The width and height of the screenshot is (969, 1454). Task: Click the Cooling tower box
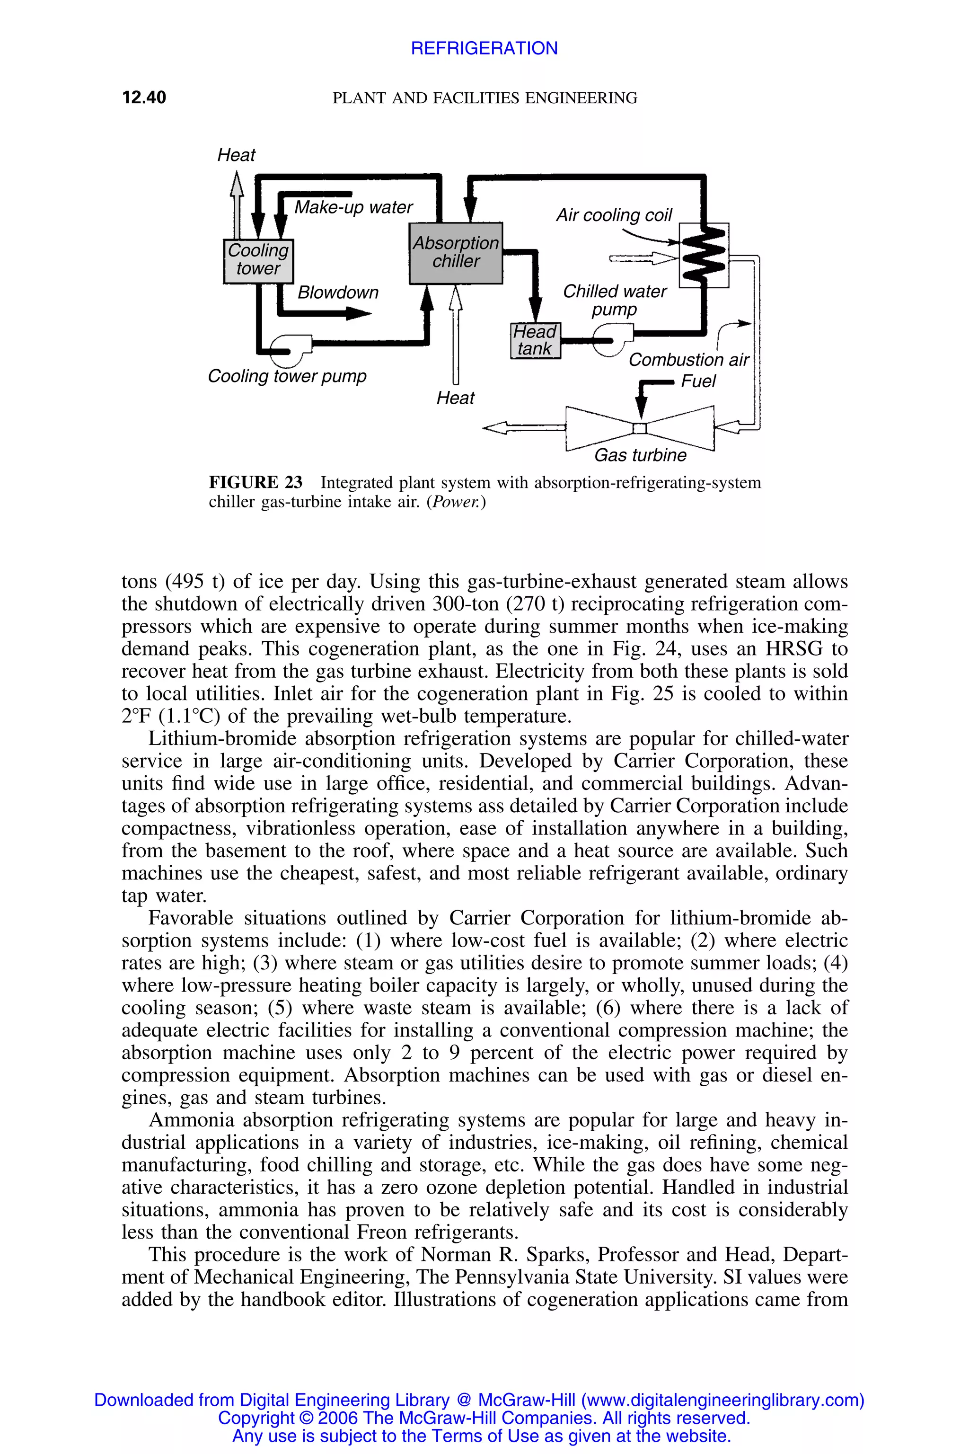[x=258, y=260]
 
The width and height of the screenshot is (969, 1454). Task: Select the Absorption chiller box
[x=456, y=252]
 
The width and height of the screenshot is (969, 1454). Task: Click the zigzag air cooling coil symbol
[x=704, y=254]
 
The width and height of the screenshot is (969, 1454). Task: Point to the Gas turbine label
[x=640, y=456]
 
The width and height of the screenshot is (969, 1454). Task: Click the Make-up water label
[x=353, y=207]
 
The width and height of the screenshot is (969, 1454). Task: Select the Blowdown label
[x=337, y=293]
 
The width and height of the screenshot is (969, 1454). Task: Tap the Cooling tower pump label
[x=287, y=376]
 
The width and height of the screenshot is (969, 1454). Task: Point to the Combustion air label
[x=688, y=360]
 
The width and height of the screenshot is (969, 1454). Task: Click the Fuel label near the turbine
[x=698, y=381]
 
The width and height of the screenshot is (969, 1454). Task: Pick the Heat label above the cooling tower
[x=236, y=155]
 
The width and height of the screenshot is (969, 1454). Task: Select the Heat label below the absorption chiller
[x=456, y=398]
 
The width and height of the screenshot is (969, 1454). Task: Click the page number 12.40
[x=144, y=98]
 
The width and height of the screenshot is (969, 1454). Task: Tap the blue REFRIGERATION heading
[x=484, y=48]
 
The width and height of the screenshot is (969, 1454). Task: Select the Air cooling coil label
[x=614, y=215]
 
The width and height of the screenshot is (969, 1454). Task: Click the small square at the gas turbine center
[x=640, y=428]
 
